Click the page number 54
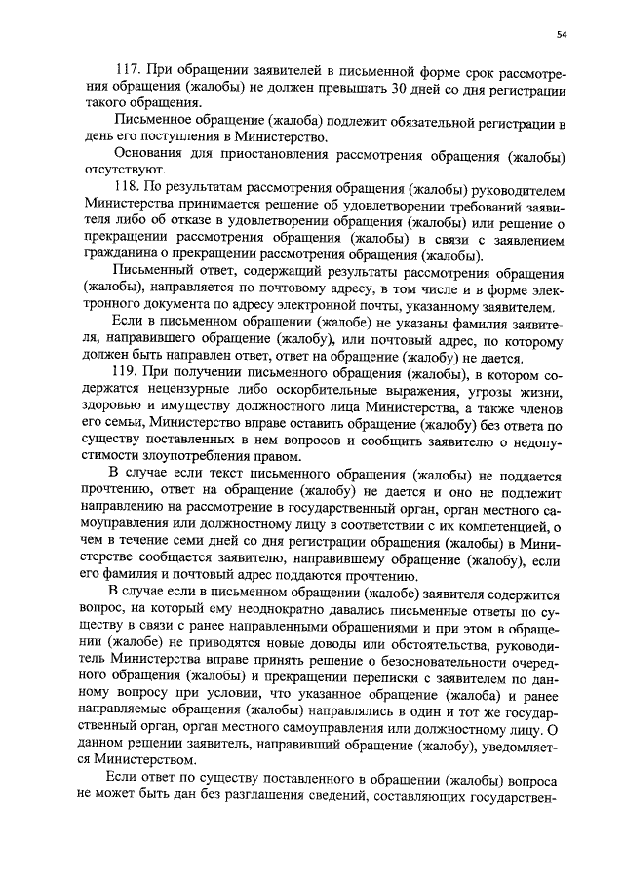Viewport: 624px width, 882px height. [x=562, y=35]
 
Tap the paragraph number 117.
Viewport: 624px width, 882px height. [x=129, y=75]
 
